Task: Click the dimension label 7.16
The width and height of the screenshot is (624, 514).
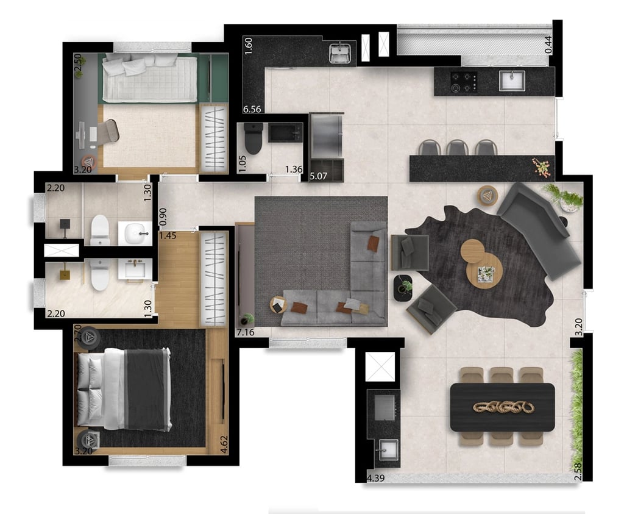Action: tap(245, 332)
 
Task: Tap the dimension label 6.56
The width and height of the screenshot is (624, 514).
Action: tap(252, 109)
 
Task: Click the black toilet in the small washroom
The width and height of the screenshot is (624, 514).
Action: tap(253, 138)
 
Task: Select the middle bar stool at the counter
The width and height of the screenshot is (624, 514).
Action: tap(458, 148)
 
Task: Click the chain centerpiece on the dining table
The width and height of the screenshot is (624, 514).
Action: tap(503, 407)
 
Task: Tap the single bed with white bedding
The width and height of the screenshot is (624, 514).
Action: tap(149, 77)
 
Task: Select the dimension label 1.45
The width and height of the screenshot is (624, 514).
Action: tap(168, 235)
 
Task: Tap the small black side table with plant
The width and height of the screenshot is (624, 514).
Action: tap(402, 288)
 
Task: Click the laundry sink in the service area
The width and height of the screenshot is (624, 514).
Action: tap(340, 54)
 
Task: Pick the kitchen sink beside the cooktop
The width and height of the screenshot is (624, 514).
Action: tap(511, 80)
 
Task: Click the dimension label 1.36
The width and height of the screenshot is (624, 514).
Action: tap(294, 169)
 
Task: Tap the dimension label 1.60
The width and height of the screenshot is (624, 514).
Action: tap(249, 46)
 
